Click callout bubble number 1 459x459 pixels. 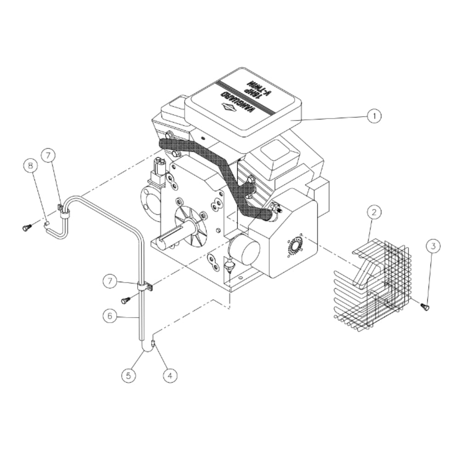click(374, 116)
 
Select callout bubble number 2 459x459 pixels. click(374, 212)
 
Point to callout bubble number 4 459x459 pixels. click(170, 375)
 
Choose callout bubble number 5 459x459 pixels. click(129, 375)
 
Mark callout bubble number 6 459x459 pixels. click(108, 316)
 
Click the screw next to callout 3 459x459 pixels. click(425, 307)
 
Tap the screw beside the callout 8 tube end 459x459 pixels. click(26, 227)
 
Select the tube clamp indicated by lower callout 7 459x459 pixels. click(145, 287)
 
